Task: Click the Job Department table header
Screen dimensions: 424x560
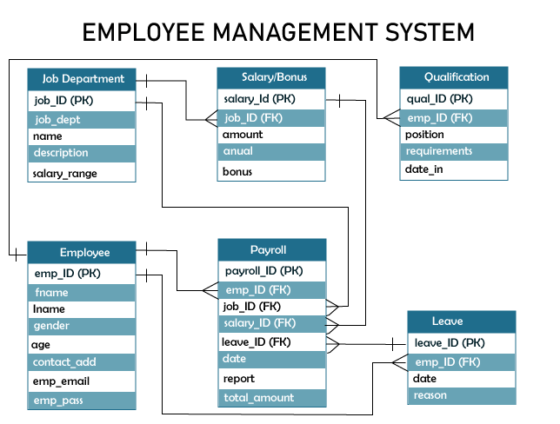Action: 82,78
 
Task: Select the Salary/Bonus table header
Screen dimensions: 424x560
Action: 271,77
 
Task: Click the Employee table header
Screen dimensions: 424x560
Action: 82,252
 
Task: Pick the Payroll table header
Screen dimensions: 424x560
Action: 271,249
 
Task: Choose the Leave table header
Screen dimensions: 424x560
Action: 461,321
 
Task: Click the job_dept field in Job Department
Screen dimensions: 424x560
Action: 82,119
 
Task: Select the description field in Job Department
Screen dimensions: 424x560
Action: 82,153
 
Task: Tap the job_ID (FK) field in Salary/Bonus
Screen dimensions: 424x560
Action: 271,118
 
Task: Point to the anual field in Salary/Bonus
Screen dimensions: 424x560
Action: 271,151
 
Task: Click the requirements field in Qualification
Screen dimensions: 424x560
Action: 453,151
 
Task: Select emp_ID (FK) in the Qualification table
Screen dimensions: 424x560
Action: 453,117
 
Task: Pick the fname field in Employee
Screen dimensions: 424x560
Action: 82,293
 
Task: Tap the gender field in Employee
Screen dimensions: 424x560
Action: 82,326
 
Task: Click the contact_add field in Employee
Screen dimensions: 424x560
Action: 82,361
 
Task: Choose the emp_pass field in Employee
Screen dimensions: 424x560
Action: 82,401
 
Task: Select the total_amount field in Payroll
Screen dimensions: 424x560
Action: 271,398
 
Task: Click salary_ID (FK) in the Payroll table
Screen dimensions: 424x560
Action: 271,323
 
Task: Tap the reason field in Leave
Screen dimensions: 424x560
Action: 461,395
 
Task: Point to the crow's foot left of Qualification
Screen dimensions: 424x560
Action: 390,117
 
